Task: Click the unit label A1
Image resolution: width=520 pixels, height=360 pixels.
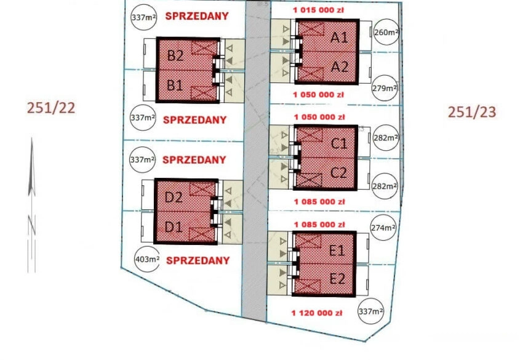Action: point(339,37)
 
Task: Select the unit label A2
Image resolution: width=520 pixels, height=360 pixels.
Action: point(340,67)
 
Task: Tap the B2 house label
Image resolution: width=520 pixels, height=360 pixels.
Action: point(175,55)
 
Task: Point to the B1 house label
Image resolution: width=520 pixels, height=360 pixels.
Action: point(175,85)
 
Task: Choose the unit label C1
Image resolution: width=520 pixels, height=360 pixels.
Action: point(339,143)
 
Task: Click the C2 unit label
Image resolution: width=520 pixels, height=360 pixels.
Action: point(339,173)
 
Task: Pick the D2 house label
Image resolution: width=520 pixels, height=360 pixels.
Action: point(174,198)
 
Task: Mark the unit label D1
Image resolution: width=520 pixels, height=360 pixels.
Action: point(174,227)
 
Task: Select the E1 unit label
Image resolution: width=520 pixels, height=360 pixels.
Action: point(337,250)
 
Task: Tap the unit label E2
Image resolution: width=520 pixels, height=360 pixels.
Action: point(337,279)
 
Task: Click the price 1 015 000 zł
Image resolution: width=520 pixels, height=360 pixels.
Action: point(318,10)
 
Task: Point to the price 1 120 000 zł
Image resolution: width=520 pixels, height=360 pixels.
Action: point(317,313)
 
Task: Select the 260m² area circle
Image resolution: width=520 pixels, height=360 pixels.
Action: point(386,32)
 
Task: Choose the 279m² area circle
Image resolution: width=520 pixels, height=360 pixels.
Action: point(385,88)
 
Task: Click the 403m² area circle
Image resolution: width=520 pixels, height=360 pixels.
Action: point(147,259)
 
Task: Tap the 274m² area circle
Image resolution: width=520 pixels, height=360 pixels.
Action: point(383,228)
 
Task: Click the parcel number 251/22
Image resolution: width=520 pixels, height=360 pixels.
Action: point(51,108)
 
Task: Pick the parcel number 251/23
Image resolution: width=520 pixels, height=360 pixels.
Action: point(472,112)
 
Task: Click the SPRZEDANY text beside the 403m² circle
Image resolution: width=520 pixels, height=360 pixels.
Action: point(198,260)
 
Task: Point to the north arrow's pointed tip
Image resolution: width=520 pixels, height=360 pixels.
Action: point(32,138)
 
